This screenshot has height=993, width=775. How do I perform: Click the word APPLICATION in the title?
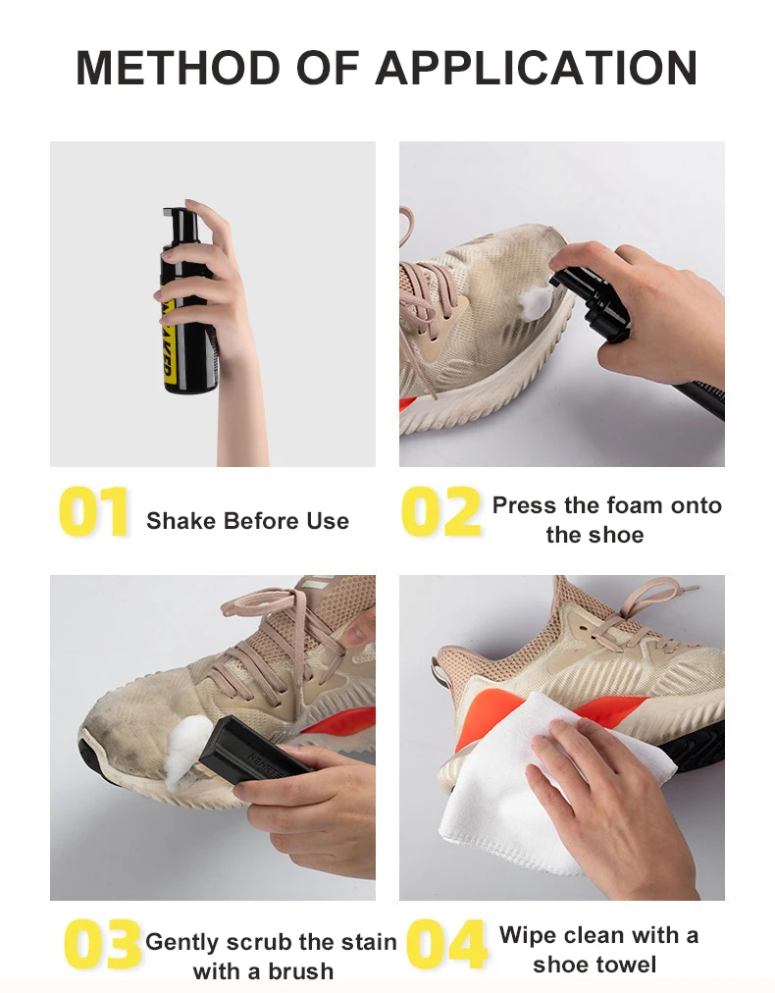click(x=536, y=67)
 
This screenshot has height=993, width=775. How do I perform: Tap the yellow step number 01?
click(x=94, y=512)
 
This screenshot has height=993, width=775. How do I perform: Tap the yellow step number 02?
click(x=441, y=512)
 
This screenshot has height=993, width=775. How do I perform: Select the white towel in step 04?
click(x=491, y=785)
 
